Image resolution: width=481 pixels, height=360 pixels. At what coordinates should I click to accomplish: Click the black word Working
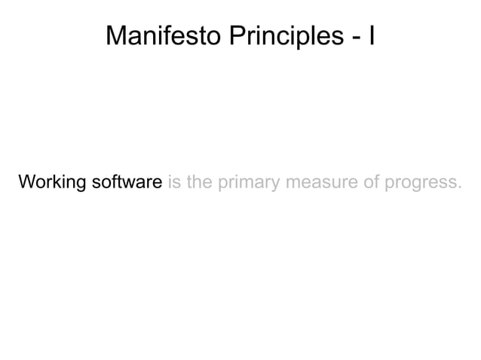(52, 183)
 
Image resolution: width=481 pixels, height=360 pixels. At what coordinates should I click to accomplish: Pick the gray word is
(174, 183)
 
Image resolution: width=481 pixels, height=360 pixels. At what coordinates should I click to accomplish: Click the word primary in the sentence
(245, 184)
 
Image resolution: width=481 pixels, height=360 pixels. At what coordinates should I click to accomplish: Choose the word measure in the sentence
(311, 183)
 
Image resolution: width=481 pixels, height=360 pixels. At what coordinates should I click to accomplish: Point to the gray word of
(355, 183)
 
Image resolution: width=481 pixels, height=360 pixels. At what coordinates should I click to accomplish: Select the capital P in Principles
(234, 35)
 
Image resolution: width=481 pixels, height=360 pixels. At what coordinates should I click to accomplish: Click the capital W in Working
(26, 183)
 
